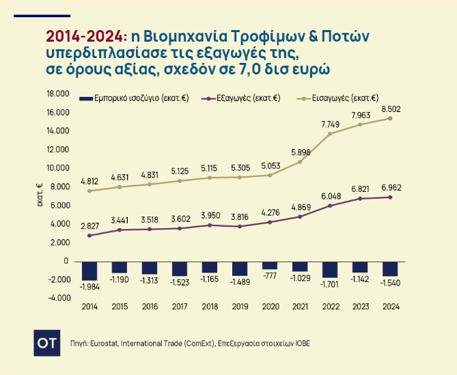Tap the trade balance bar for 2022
(x=330, y=268)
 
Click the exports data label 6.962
(x=391, y=186)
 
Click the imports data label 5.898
(x=301, y=152)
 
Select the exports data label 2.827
(x=89, y=226)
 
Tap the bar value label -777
(x=270, y=275)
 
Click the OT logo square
(x=45, y=342)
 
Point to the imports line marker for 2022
(x=330, y=134)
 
